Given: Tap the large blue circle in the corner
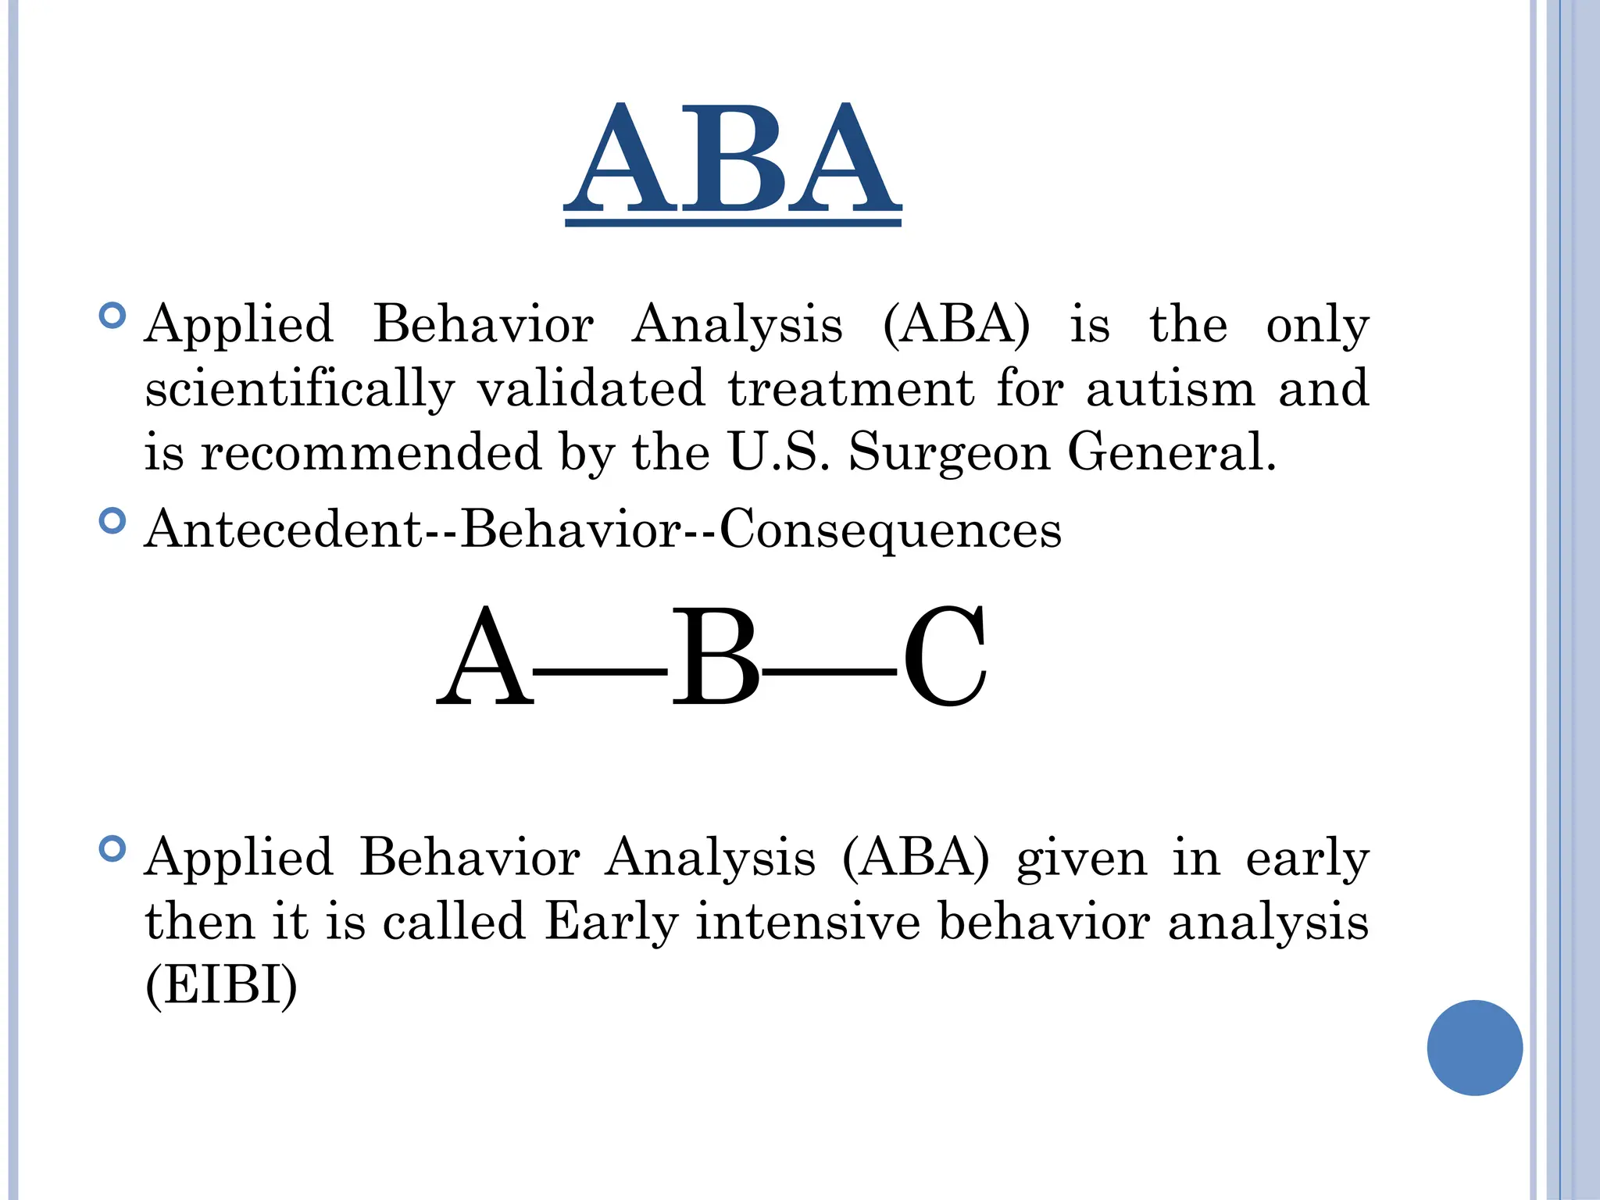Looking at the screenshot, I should (x=1474, y=1048).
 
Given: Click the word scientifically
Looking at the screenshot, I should (x=299, y=389).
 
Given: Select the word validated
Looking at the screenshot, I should (x=591, y=387).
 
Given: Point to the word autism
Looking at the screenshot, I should (x=1170, y=387).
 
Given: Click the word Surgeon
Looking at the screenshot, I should (x=949, y=453).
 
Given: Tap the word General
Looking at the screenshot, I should (x=1171, y=452).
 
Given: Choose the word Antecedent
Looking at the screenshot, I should (x=284, y=529).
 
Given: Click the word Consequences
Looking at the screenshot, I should (x=891, y=529).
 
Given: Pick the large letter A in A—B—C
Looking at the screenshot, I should (x=484, y=658).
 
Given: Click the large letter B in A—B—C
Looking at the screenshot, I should (x=715, y=658).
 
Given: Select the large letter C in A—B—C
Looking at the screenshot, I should (x=945, y=658).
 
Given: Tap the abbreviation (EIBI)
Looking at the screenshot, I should (x=222, y=985).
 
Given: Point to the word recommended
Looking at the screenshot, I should (x=371, y=452).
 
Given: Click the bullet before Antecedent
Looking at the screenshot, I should (x=113, y=520).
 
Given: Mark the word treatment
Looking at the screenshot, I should (x=852, y=388).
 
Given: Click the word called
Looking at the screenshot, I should (x=454, y=921).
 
